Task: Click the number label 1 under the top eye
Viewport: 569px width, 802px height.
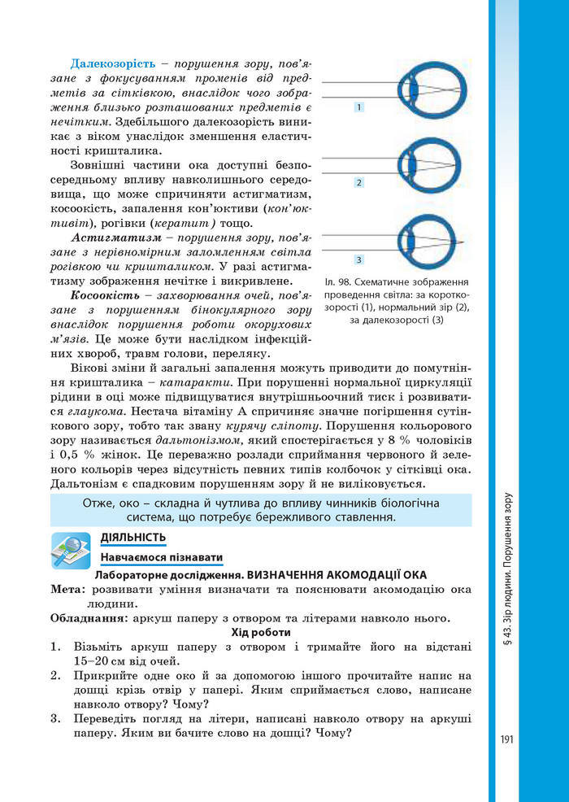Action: point(358,107)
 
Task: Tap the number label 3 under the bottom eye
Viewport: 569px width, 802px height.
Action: point(358,259)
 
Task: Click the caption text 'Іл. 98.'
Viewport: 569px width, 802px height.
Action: point(338,278)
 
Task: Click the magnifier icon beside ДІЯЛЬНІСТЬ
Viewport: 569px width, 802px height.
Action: point(71,549)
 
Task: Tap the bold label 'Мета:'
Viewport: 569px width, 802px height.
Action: point(67,589)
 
